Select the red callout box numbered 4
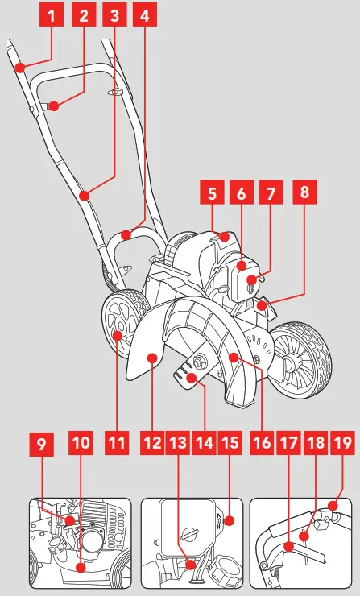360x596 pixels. [146, 14]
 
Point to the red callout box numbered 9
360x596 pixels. [43, 442]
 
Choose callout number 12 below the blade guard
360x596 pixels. [151, 442]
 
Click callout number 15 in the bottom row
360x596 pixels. [230, 442]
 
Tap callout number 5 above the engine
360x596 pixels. [213, 193]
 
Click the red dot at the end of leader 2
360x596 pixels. [53, 105]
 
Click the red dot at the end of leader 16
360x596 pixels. [234, 356]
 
